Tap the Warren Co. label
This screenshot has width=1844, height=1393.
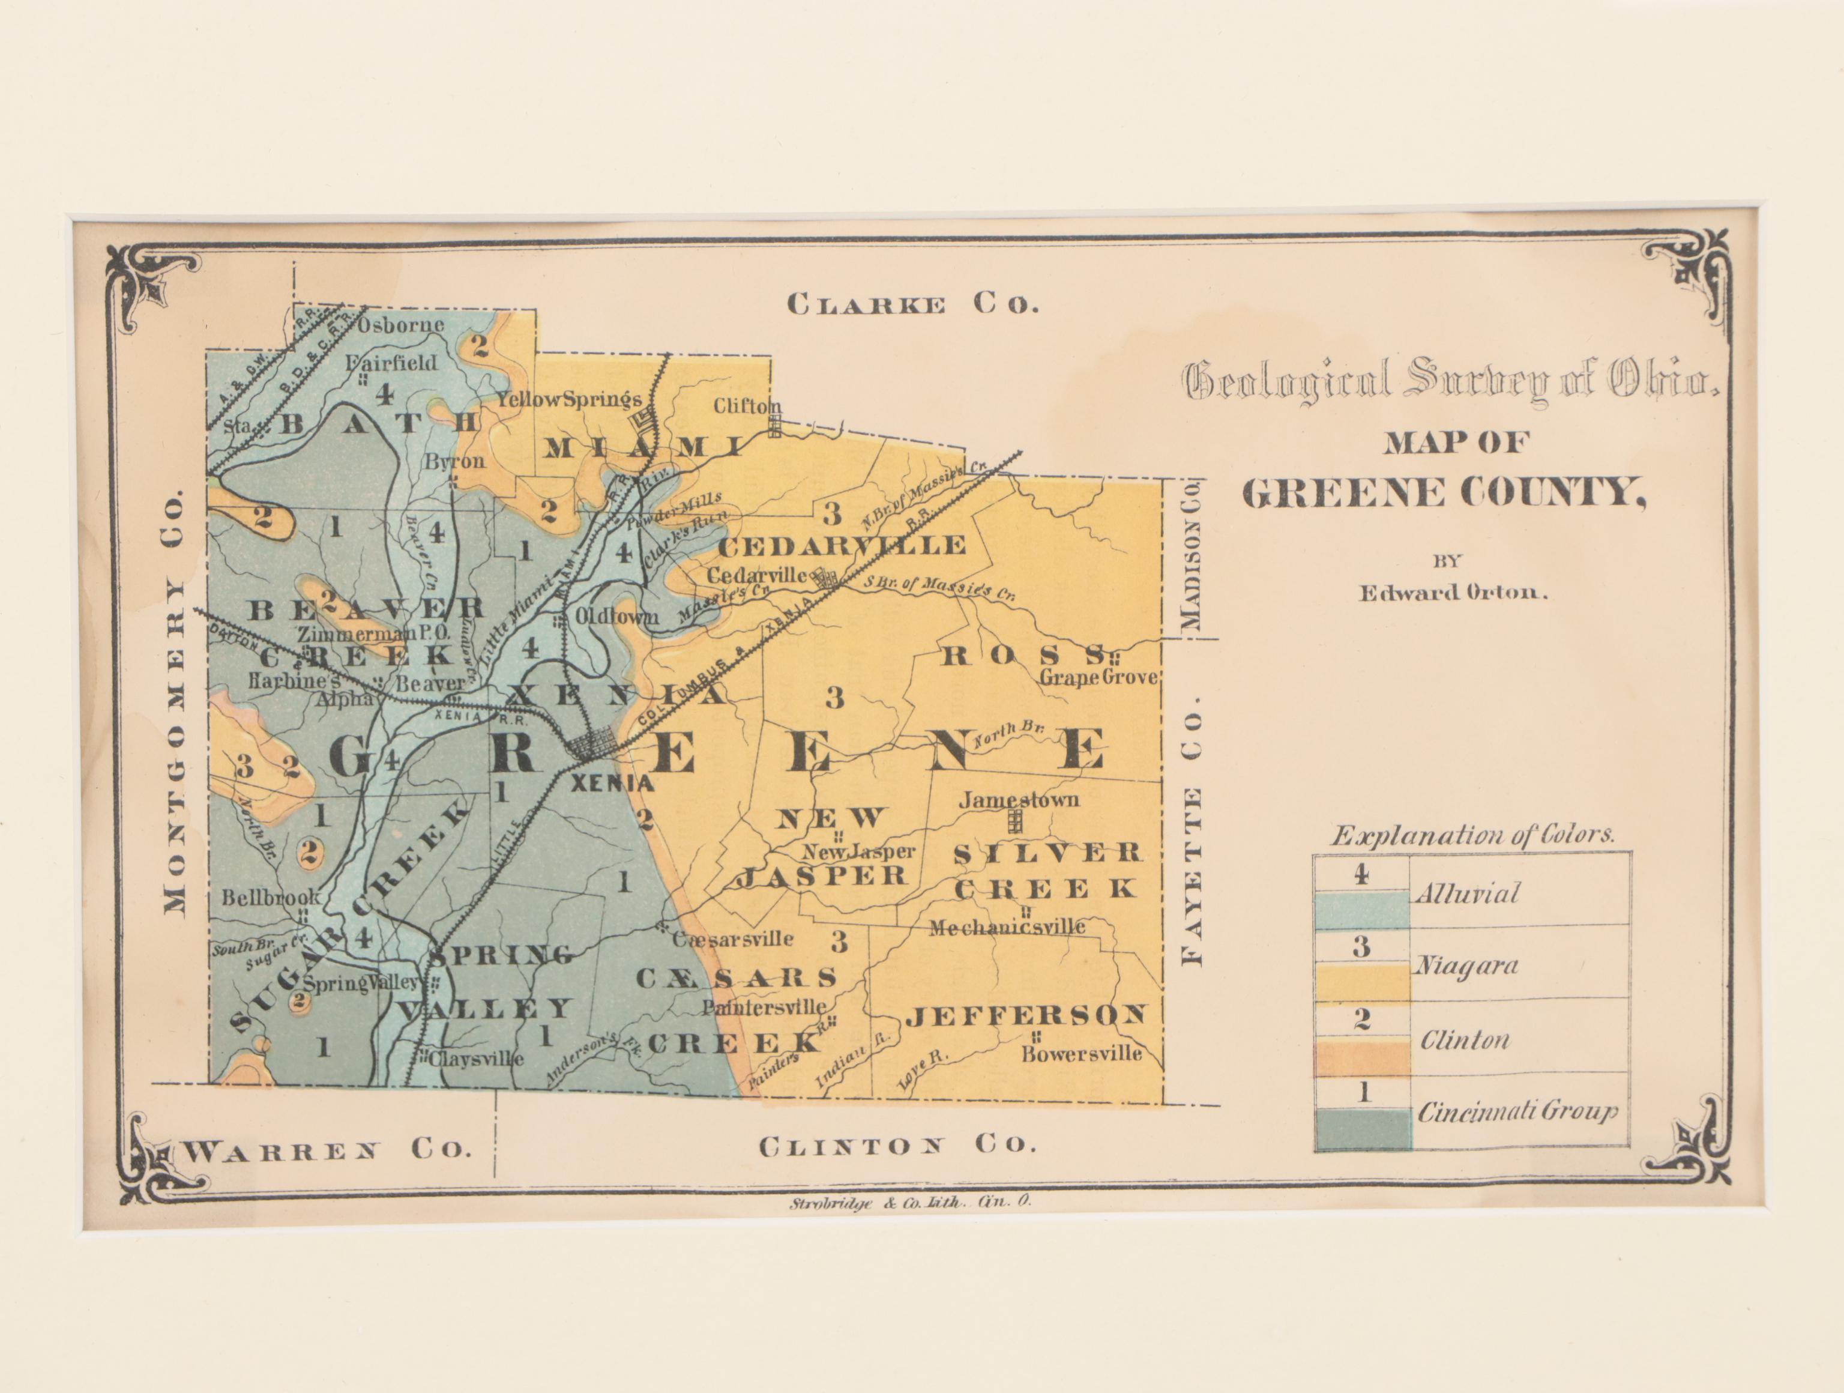[x=325, y=1151]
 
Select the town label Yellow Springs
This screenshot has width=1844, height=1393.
[x=570, y=399]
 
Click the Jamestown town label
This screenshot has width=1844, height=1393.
[x=1019, y=799]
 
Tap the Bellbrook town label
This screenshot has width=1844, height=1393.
[x=271, y=898]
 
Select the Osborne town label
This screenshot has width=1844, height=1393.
[x=401, y=324]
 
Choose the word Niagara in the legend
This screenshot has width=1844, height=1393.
[x=1466, y=966]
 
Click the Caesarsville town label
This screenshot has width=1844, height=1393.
[x=733, y=938]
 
